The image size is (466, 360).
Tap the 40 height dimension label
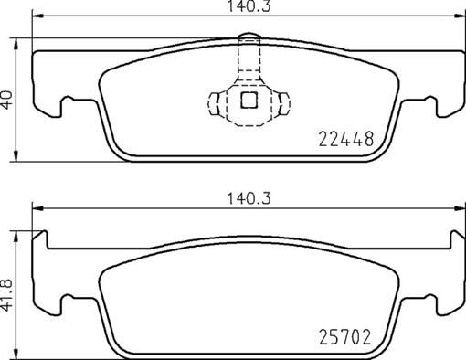pyautogui.click(x=8, y=99)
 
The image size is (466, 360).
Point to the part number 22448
pyautogui.click(x=345, y=139)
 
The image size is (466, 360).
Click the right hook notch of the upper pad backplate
pyautogui.click(x=426, y=103)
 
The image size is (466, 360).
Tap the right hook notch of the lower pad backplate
pyautogui.click(x=426, y=299)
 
